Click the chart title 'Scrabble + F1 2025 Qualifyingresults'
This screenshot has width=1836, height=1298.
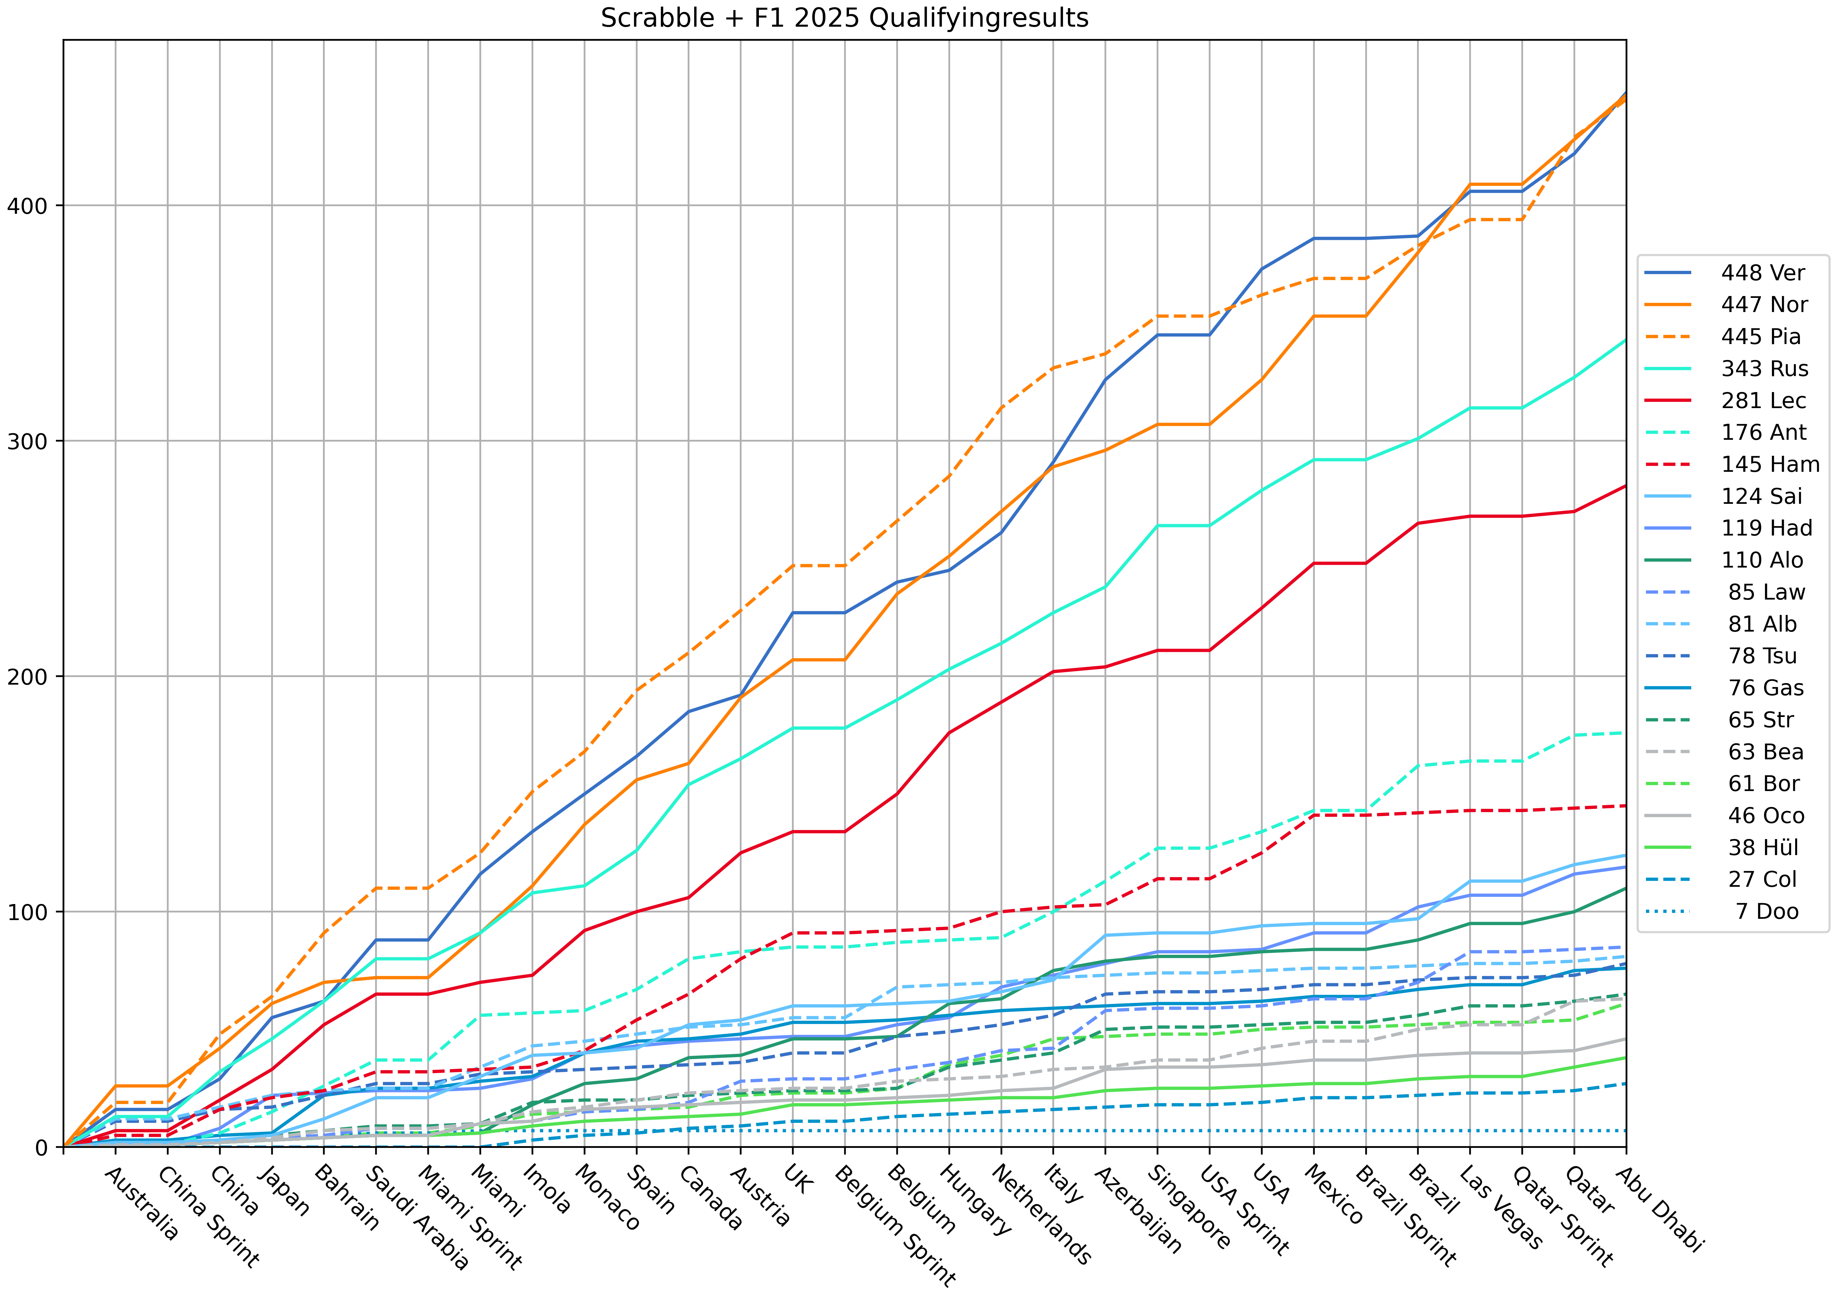coord(844,18)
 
